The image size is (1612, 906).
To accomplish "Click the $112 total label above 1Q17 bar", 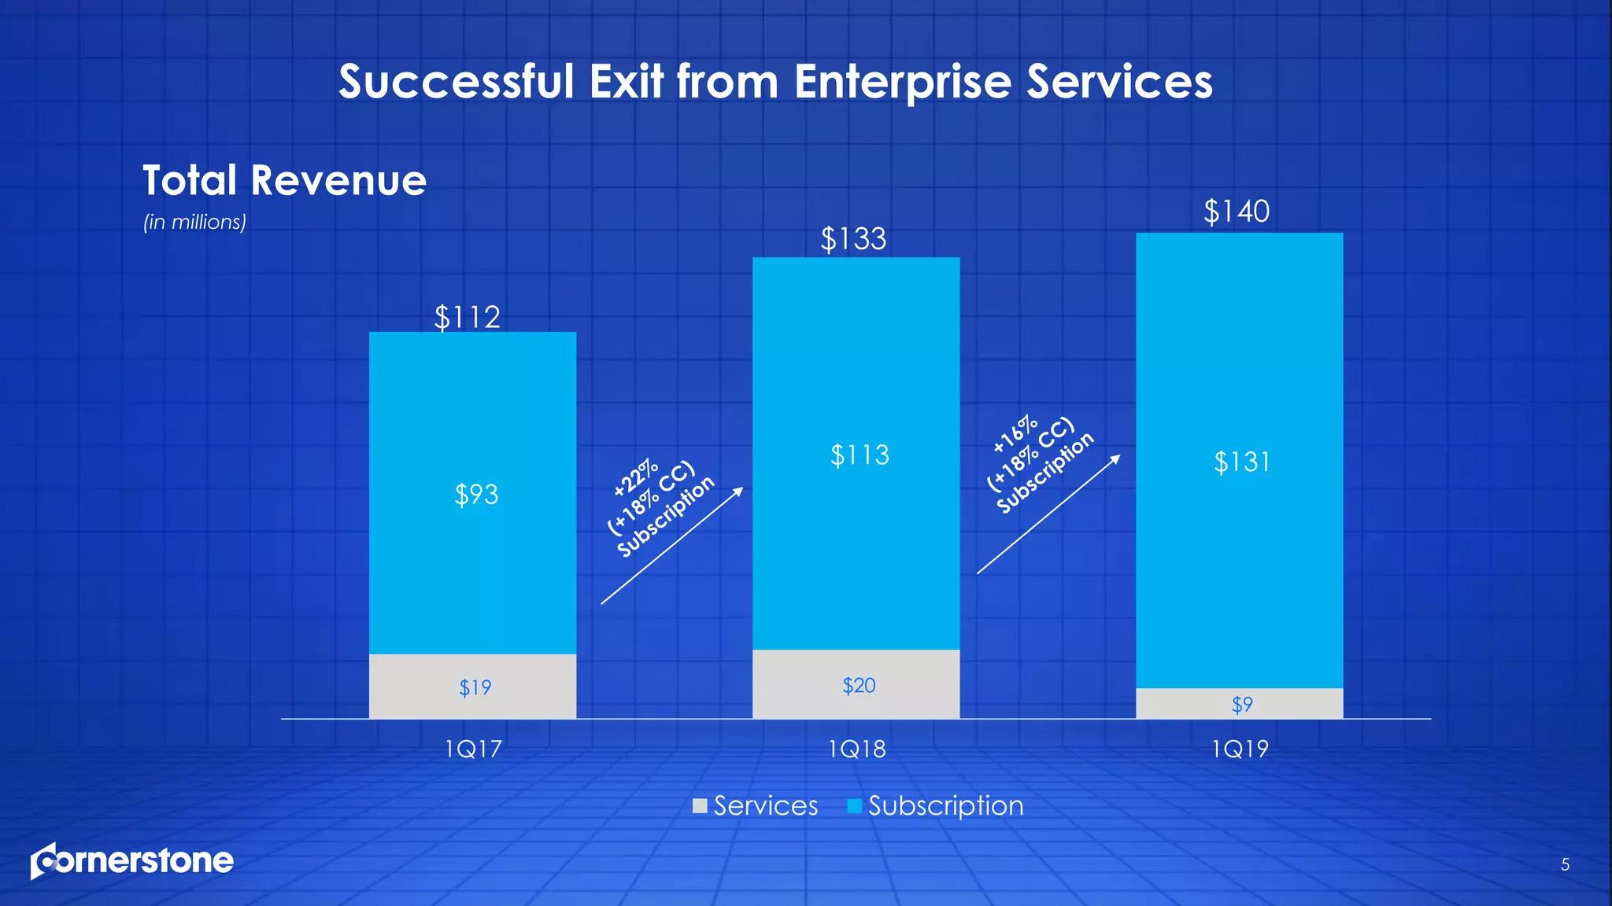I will click(468, 317).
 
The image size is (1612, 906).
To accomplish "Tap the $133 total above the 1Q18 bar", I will click(853, 238).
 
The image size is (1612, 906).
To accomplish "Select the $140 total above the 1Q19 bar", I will click(1237, 212).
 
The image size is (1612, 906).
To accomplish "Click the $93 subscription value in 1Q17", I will click(476, 495).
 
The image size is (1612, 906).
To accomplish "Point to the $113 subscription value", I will click(860, 455).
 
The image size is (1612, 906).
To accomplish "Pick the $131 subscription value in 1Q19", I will click(1242, 462).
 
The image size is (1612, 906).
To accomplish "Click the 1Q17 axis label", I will click(473, 749).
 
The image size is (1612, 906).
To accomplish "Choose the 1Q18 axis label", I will click(856, 749).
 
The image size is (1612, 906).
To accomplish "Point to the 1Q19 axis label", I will click(1240, 749).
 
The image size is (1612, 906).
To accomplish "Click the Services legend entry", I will click(756, 806).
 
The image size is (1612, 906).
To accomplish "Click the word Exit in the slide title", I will click(627, 82).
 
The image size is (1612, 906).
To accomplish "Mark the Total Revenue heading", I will click(284, 180).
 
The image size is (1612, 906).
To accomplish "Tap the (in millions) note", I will click(194, 223).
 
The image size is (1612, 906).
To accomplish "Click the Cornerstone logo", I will click(132, 861).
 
